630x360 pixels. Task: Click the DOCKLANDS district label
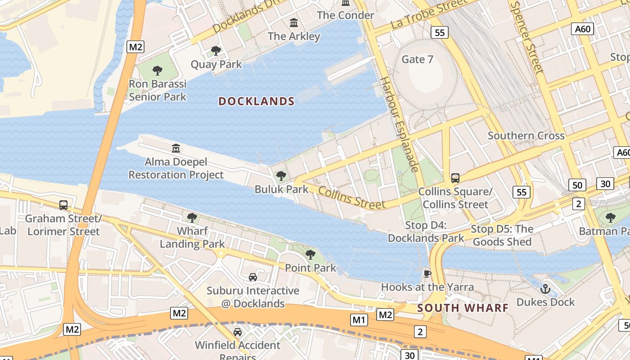click(x=256, y=101)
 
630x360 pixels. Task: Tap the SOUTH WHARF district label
click(x=463, y=308)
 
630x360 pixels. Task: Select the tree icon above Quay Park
click(x=216, y=51)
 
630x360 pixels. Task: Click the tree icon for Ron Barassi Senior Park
click(x=157, y=71)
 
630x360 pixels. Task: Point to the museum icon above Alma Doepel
click(x=176, y=148)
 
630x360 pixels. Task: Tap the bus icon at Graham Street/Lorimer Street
click(x=63, y=205)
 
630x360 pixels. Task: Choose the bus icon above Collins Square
click(x=455, y=178)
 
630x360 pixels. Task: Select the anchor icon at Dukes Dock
click(x=545, y=288)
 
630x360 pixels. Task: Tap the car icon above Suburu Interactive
click(x=253, y=277)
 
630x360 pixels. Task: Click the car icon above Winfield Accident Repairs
click(x=238, y=332)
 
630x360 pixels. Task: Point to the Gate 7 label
click(x=417, y=59)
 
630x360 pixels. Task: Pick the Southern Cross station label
click(x=526, y=135)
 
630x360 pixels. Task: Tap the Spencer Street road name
click(x=527, y=36)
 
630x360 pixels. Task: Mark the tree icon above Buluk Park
click(x=281, y=175)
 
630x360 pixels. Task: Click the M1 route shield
click(x=358, y=320)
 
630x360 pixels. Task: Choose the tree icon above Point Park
click(x=310, y=255)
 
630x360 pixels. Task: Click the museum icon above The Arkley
click(x=294, y=22)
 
